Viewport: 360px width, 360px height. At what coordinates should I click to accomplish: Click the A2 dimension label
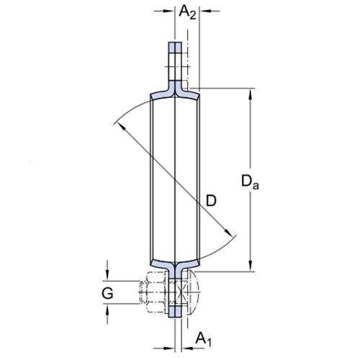point(187,12)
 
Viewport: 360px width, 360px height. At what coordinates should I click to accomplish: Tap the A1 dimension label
point(204,339)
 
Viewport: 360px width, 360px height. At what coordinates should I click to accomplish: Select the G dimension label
point(107,293)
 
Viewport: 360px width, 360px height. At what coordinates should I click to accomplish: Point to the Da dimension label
point(250,182)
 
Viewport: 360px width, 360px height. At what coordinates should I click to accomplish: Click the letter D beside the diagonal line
point(211,201)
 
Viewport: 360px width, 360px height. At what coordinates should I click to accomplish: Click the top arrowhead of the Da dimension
point(251,94)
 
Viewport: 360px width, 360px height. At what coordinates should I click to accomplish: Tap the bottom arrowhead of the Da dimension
point(251,266)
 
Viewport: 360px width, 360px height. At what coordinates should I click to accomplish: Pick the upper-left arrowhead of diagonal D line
point(122,127)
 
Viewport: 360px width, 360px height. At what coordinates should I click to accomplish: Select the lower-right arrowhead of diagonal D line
point(228,233)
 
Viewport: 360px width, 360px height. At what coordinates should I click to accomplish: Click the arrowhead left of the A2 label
point(168,11)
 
